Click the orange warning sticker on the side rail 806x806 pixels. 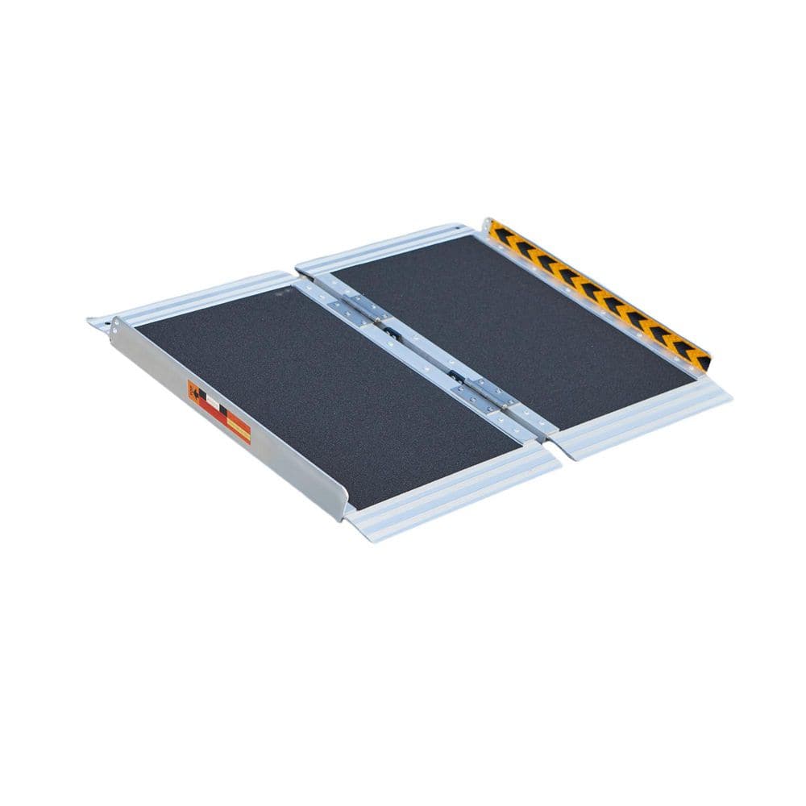[218, 412]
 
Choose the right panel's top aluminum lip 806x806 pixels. [387, 246]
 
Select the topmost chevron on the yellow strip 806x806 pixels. [497, 231]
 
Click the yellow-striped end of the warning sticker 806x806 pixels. [239, 426]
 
